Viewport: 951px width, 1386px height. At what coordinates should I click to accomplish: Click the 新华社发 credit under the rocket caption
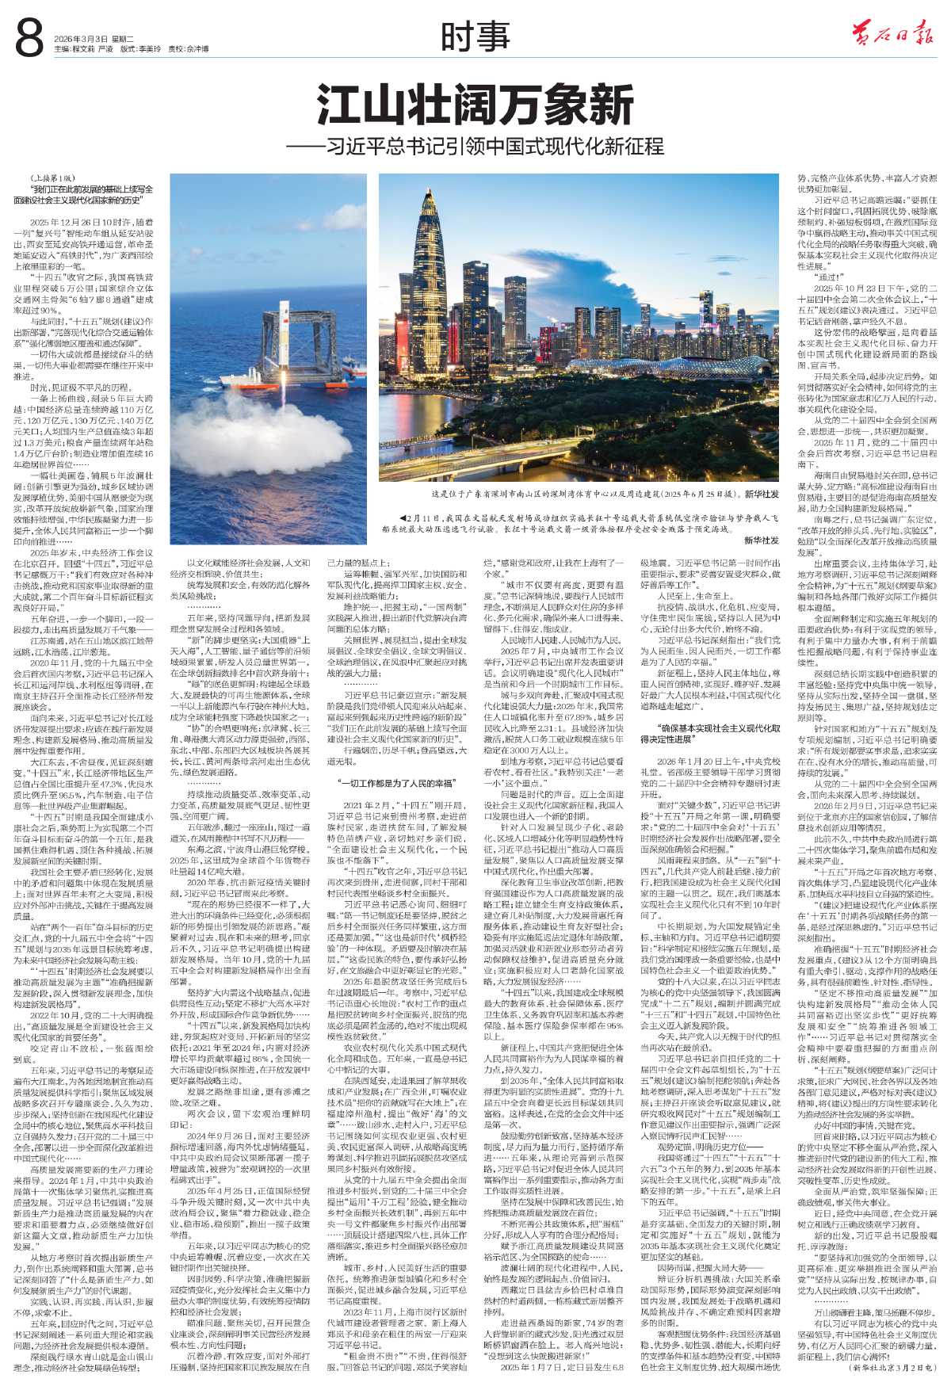pos(760,540)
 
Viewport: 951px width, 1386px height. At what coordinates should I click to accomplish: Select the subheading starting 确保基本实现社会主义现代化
pos(712,444)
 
